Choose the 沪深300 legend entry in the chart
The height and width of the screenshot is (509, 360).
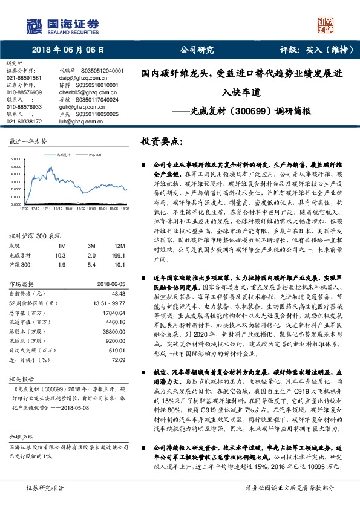[x=93, y=154]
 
